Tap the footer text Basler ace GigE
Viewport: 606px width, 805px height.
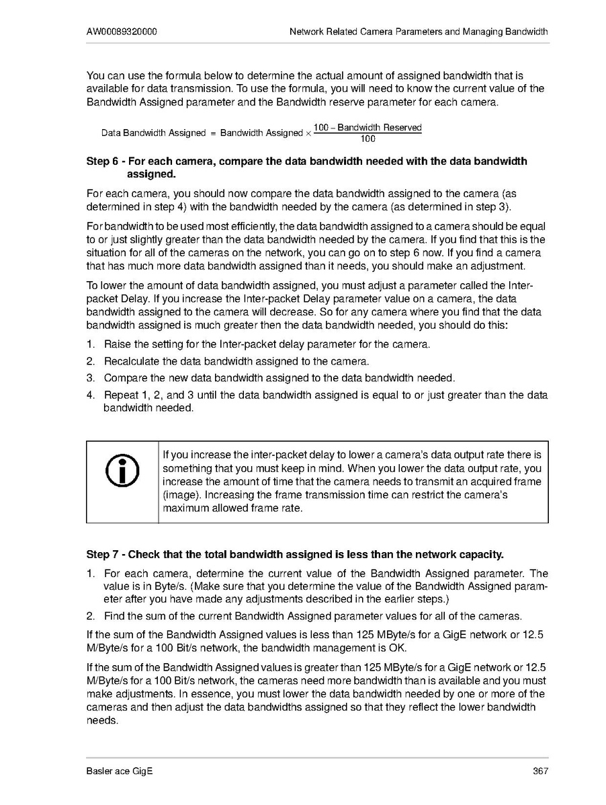click(x=119, y=771)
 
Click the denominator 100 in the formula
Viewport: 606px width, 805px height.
click(x=367, y=139)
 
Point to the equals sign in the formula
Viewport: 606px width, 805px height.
click(x=213, y=133)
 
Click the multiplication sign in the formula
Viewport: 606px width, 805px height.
click(x=308, y=133)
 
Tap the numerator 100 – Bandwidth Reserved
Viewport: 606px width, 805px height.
click(x=367, y=128)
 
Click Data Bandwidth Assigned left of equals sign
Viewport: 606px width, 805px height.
click(x=153, y=133)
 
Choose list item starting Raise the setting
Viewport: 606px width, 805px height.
click(x=267, y=344)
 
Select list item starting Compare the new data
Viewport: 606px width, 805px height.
click(x=279, y=379)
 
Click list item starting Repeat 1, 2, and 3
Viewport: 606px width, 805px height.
click(x=326, y=395)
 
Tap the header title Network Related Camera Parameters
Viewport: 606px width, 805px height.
click(x=418, y=32)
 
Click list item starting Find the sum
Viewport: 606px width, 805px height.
click(x=313, y=617)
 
